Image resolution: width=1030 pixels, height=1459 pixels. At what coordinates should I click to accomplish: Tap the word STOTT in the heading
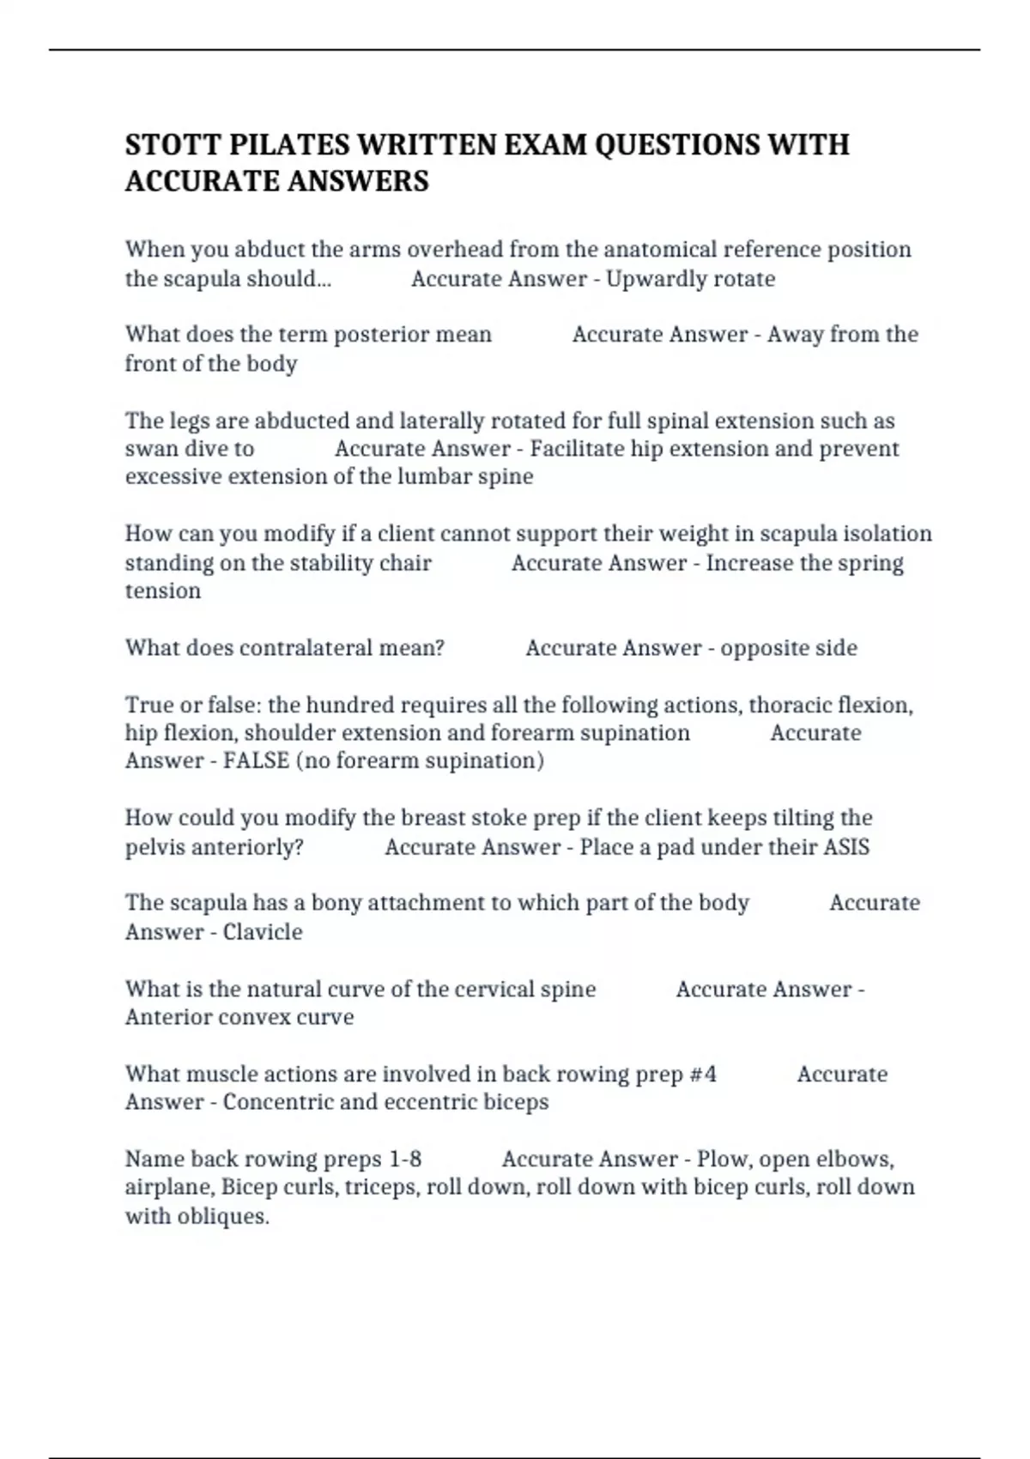tap(173, 144)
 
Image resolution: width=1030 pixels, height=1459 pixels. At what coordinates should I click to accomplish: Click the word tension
tap(163, 591)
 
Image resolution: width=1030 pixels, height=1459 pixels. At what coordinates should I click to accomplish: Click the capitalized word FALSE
tap(256, 760)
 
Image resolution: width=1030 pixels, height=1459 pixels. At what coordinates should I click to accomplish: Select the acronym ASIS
tap(846, 847)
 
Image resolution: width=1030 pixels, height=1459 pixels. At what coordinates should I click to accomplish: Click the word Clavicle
tap(263, 932)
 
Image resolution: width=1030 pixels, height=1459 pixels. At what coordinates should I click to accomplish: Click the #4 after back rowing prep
tap(703, 1075)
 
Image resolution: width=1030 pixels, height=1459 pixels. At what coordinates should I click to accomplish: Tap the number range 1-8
tap(405, 1159)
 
